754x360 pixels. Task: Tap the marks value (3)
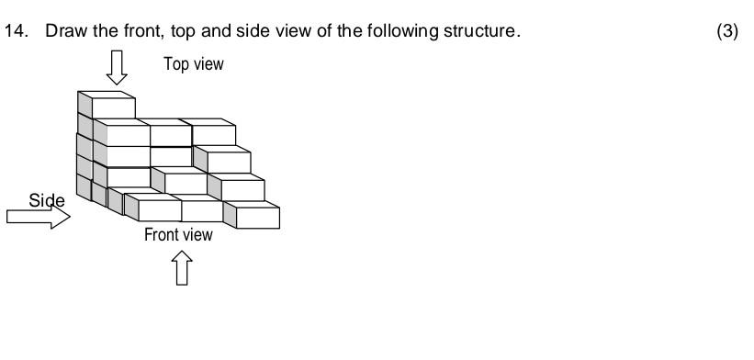coord(726,31)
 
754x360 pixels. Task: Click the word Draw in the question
coord(64,31)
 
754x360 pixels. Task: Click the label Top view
coord(193,64)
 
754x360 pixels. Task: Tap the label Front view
coord(178,235)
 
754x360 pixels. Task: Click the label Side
coord(47,201)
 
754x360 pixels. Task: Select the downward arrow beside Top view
coord(117,67)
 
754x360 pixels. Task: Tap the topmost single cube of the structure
coord(107,105)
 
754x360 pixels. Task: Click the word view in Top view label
coord(208,64)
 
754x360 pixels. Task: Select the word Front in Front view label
coord(162,235)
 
